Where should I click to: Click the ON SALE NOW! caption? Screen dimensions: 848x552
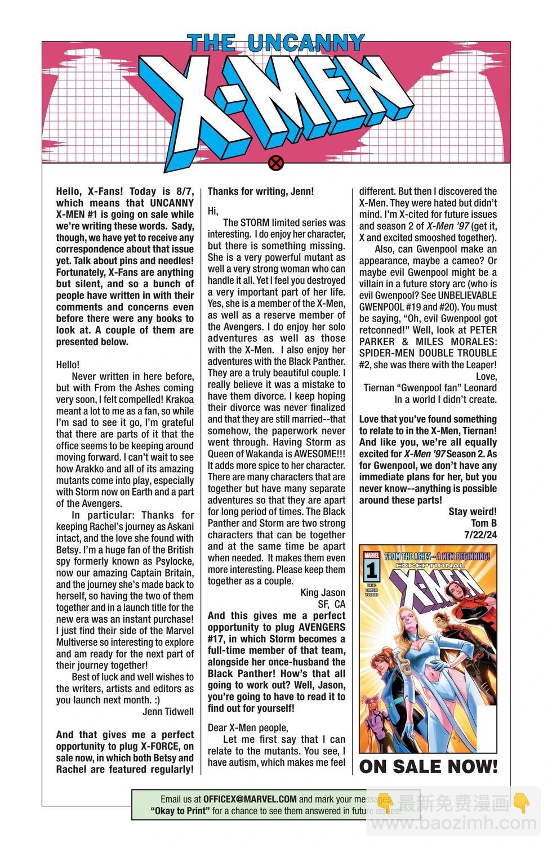point(428,766)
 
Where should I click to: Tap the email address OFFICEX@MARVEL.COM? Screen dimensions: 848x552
point(250,799)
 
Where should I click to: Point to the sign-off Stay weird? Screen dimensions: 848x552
point(473,511)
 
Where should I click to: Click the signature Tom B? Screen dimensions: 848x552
point(484,523)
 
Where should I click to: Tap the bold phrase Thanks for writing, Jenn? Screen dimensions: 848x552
point(261,191)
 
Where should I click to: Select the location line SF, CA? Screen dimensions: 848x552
point(332,604)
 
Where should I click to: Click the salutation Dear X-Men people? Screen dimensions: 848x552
point(248,728)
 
